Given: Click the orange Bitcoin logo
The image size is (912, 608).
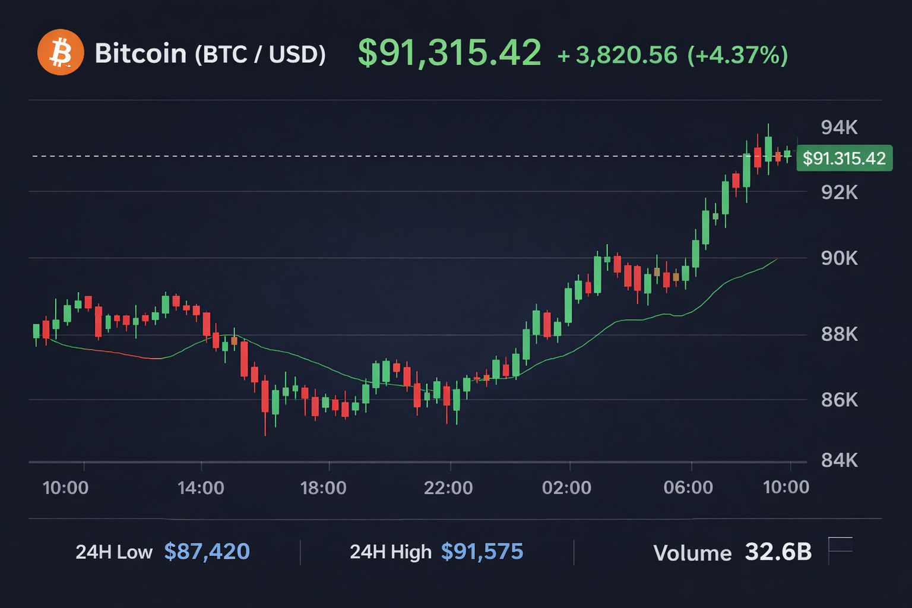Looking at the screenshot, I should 60,52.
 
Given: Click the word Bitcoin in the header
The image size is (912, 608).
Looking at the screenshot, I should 141,53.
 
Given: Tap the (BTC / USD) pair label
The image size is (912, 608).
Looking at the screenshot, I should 260,55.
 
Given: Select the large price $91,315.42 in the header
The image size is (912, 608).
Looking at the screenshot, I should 449,53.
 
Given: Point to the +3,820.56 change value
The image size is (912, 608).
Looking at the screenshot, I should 617,55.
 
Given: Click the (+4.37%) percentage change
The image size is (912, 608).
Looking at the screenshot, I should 737,55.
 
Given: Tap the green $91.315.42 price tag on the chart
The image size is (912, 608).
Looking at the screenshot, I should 844,159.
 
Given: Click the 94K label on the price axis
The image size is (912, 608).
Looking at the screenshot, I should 839,127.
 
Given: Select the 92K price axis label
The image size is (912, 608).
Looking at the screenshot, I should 839,192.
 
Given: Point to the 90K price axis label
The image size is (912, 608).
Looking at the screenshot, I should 839,258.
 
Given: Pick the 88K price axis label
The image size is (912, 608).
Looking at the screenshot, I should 839,334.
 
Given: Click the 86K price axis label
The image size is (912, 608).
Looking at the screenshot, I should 839,400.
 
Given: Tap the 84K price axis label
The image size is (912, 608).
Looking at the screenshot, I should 839,460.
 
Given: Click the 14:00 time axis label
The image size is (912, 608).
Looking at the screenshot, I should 201,488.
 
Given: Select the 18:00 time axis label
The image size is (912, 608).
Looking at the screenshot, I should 323,488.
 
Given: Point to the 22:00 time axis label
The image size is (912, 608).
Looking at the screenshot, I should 448,488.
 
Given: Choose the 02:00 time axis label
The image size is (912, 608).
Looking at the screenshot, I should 566,488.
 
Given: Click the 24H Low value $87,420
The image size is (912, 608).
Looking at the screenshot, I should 207,552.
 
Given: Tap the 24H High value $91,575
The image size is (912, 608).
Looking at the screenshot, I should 482,552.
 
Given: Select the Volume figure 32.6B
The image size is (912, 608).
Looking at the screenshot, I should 778,552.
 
